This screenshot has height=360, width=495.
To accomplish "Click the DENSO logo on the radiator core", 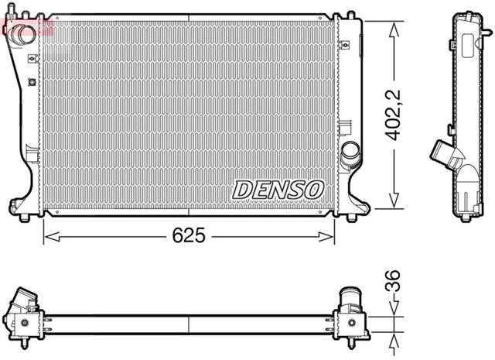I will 278,189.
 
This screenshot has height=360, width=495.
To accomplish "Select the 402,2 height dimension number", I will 395,116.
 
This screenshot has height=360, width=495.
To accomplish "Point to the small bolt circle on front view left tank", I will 31,81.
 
